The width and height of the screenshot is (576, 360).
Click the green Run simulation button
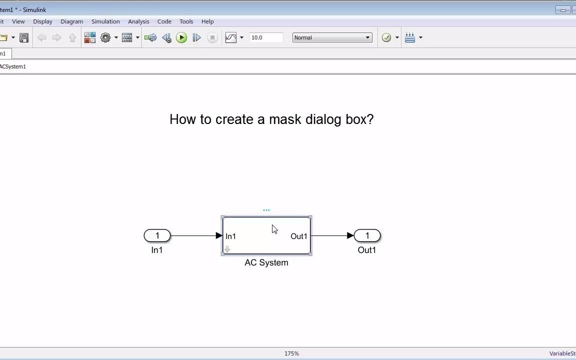point(181,37)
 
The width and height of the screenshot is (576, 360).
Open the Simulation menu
point(105,21)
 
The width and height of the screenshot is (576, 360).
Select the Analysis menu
point(138,21)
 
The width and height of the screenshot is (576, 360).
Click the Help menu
point(207,21)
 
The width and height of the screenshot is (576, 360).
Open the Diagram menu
point(71,21)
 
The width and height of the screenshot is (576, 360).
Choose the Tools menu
point(186,21)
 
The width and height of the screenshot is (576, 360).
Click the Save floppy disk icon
point(24,37)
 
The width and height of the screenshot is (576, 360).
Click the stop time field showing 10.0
point(266,37)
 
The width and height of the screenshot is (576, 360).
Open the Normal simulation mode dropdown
point(332,37)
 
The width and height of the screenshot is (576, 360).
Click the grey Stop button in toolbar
point(212,37)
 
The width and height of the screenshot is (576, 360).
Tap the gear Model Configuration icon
point(105,37)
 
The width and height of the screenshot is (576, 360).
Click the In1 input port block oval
point(157,235)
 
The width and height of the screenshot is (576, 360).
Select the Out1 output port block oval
point(367,235)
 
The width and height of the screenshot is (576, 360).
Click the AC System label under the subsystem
point(266,262)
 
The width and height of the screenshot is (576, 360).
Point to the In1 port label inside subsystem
point(230,236)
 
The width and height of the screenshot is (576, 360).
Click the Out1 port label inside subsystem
point(298,236)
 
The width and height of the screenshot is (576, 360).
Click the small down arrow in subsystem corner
point(227,249)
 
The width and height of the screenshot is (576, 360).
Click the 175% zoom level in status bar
point(291,353)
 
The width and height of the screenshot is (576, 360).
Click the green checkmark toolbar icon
point(386,37)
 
